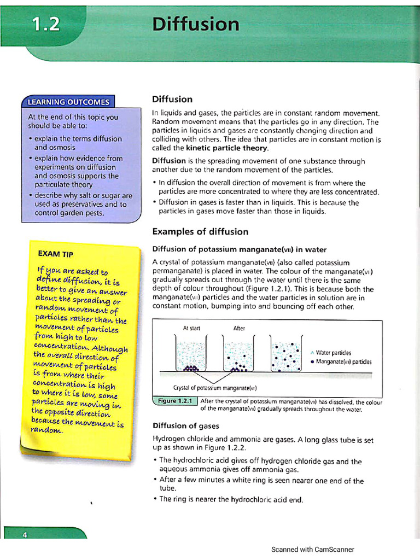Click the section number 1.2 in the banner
coord(46,25)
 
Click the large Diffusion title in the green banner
coord(195,25)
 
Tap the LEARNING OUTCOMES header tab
coord(68,101)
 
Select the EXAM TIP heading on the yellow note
coord(55,254)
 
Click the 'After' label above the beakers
coord(239,328)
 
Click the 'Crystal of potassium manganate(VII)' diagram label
coord(214,388)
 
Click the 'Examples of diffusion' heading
coord(200,231)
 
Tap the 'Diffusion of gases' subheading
coord(185,425)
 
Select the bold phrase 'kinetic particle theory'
coord(227,148)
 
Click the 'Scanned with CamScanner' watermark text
coord(312,549)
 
